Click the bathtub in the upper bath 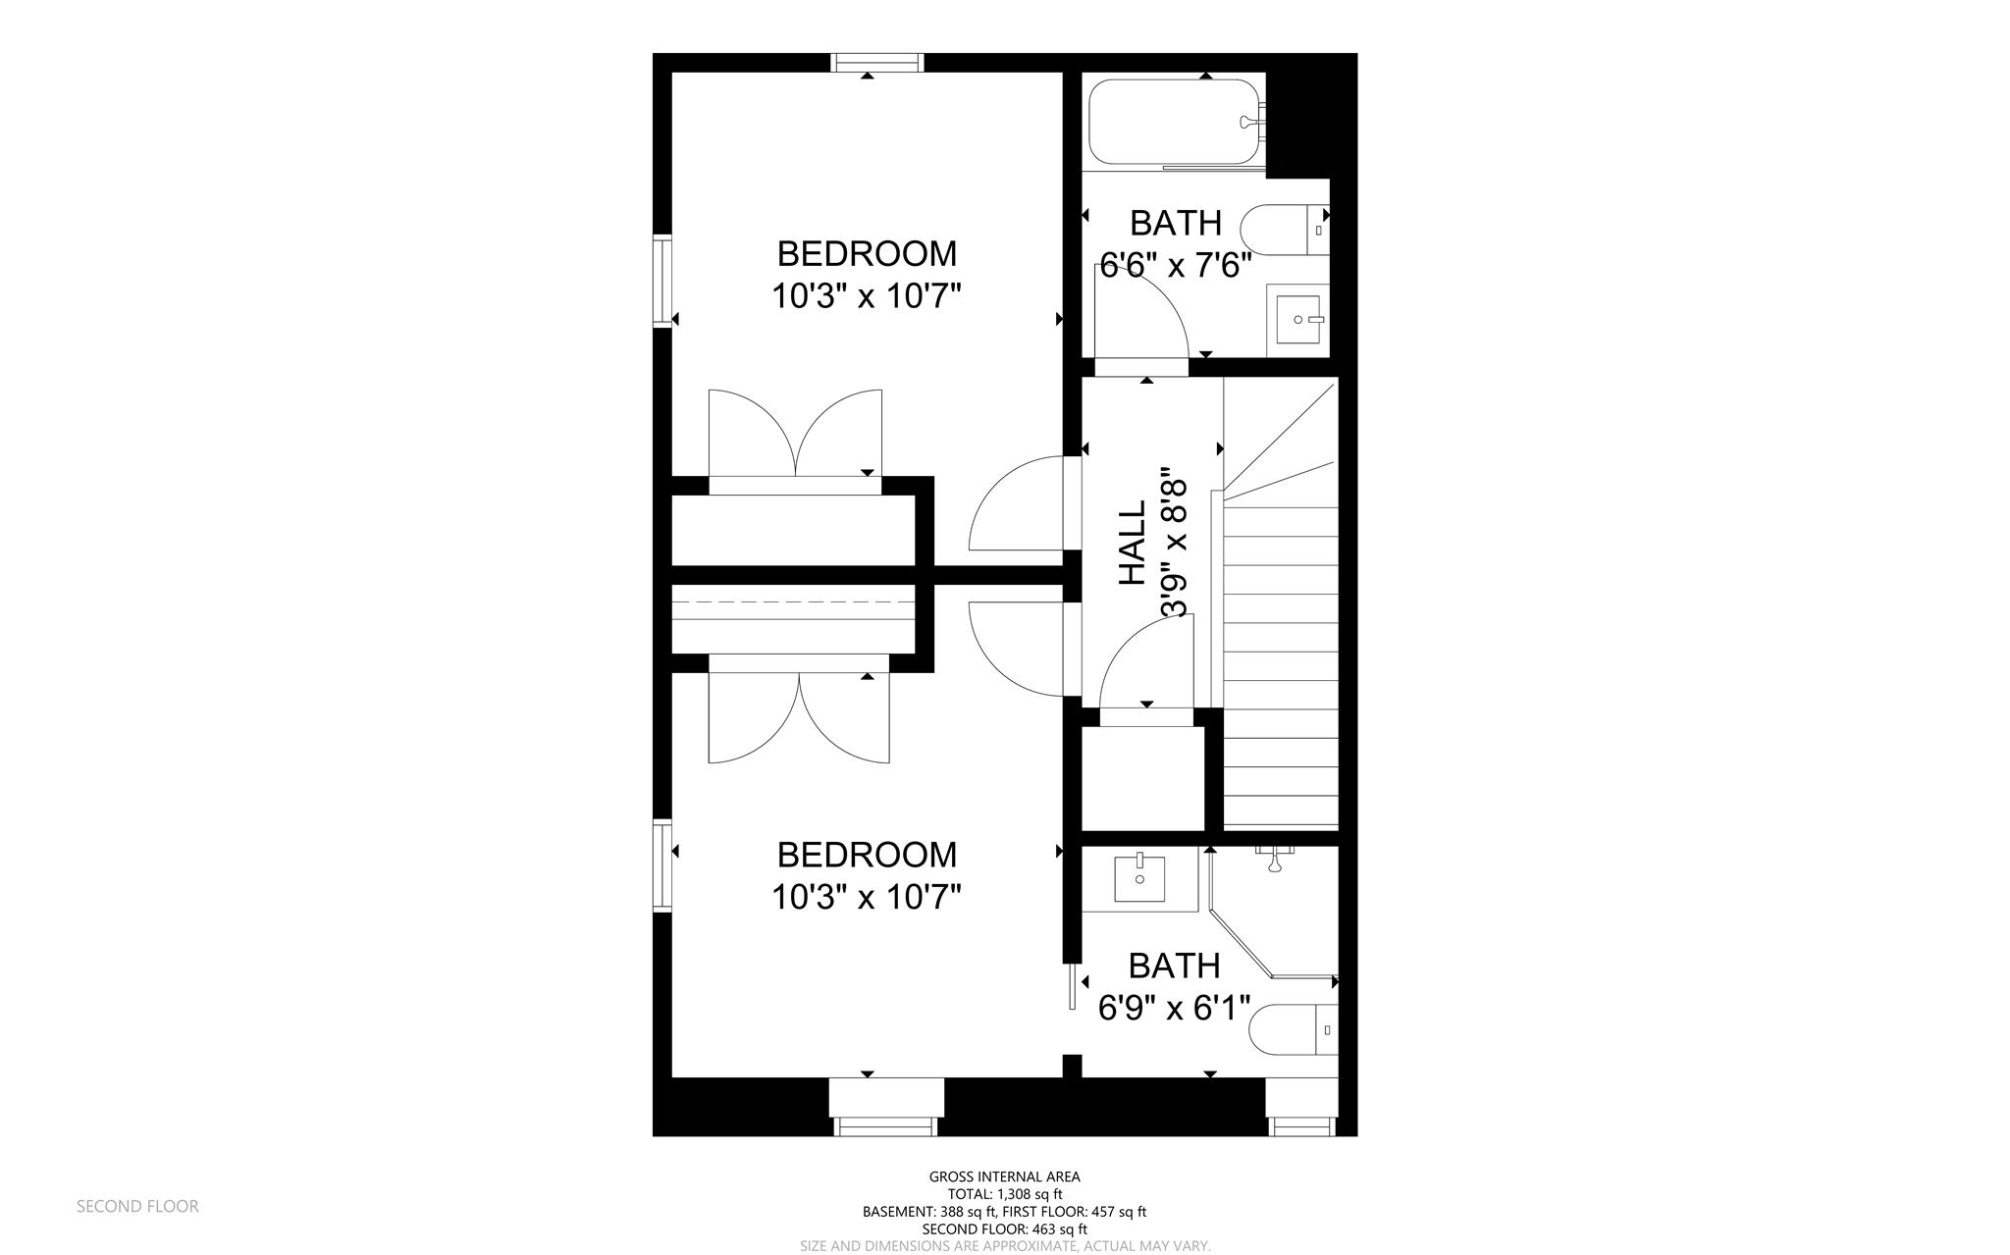(1174, 123)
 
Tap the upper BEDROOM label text (867, 254)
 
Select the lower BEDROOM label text (867, 856)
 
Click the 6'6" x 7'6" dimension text (1175, 266)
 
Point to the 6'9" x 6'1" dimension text (1174, 1009)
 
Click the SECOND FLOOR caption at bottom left (137, 1207)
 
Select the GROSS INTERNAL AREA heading (1004, 1177)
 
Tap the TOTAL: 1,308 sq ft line (1004, 1194)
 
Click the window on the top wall (876, 63)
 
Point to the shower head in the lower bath (1275, 861)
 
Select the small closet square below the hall (1142, 778)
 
